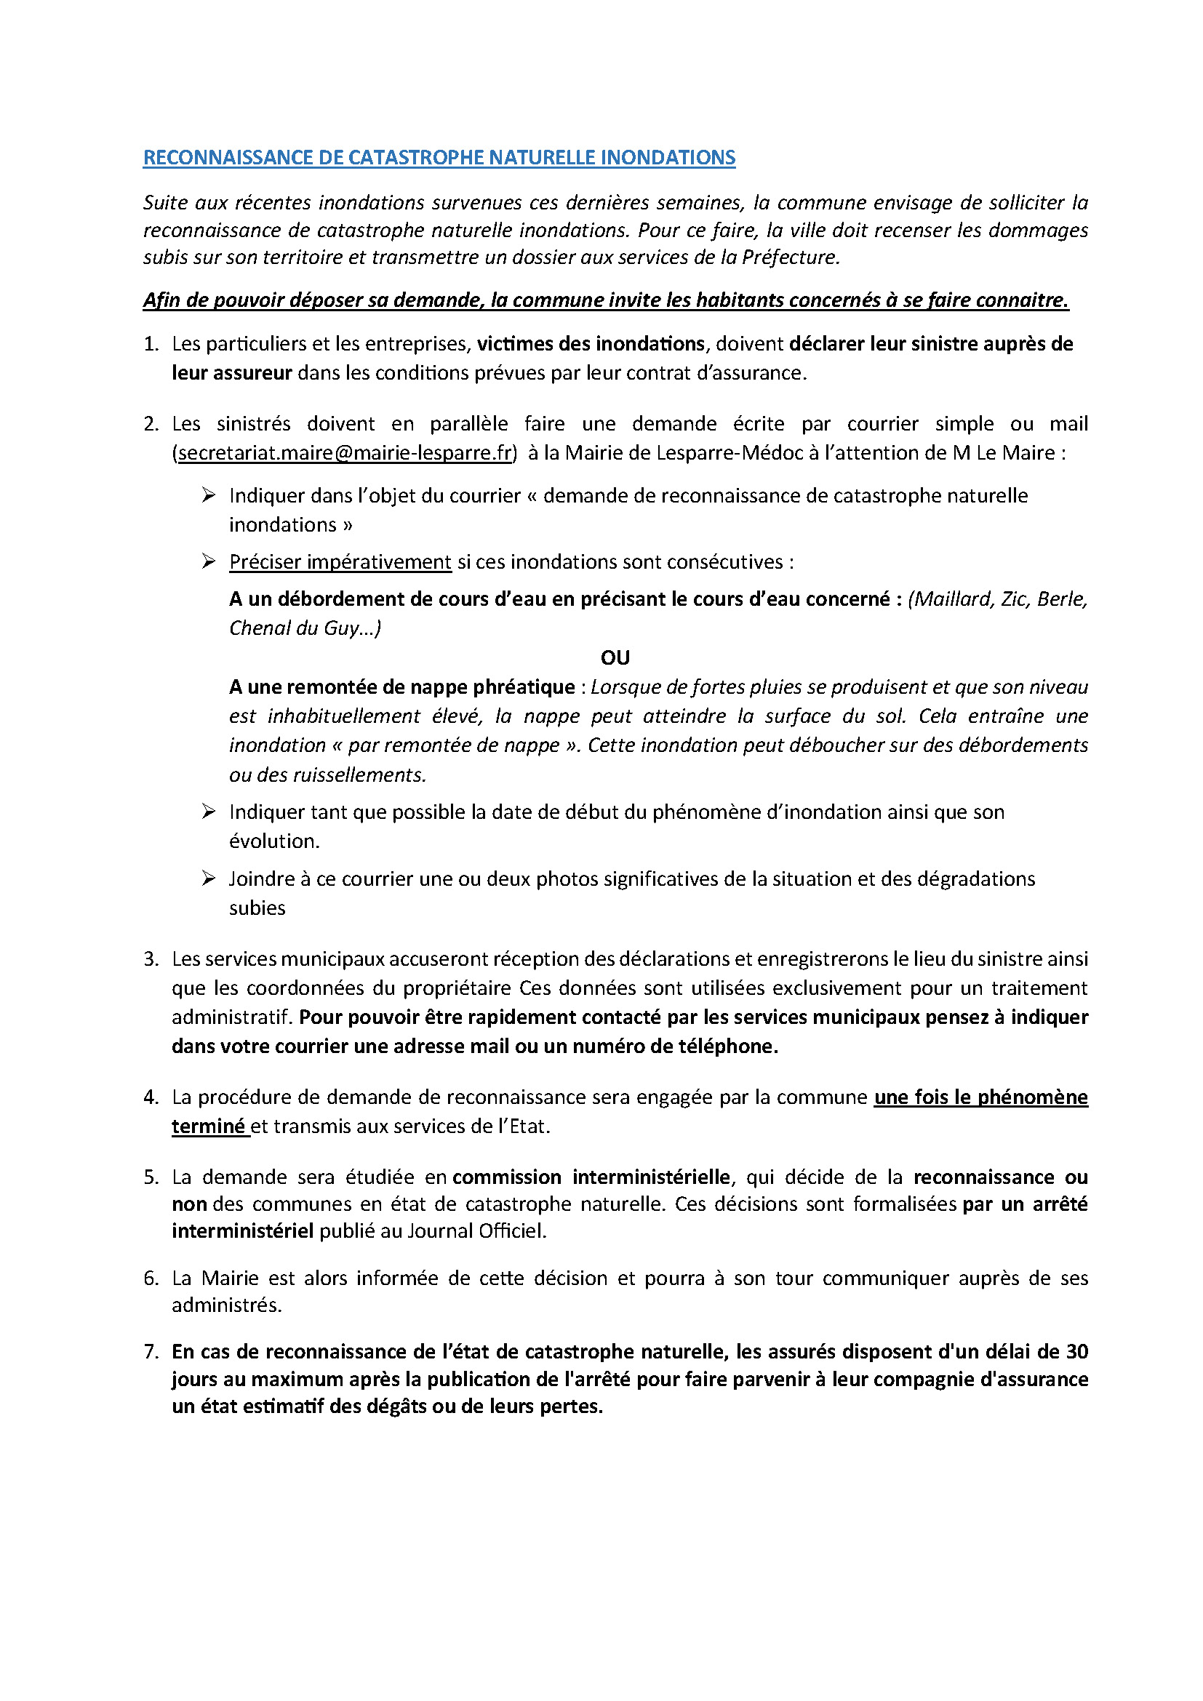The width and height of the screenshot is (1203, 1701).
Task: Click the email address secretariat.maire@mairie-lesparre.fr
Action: (345, 452)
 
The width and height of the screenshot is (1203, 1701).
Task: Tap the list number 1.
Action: (151, 344)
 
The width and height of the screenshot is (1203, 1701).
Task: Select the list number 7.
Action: (151, 1351)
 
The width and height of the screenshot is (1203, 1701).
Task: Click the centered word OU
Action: (615, 658)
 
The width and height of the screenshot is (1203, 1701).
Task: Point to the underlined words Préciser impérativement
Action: (340, 561)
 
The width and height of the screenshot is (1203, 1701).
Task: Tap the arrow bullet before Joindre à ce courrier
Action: (208, 878)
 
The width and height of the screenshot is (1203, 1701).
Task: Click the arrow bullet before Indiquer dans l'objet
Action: (208, 495)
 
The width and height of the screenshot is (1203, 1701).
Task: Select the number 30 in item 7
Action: (1076, 1351)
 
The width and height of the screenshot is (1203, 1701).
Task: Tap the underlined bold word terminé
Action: (208, 1126)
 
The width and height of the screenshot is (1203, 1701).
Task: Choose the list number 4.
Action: (151, 1097)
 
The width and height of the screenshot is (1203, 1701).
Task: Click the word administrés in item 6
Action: (226, 1305)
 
